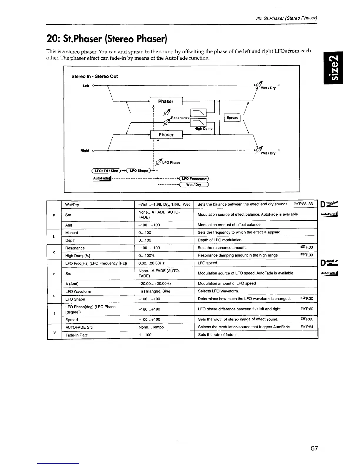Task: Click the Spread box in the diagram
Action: [x=232, y=118]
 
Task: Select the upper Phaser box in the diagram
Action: [x=166, y=101]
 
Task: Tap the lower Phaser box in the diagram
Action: [x=166, y=135]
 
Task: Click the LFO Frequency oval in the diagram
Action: [x=194, y=179]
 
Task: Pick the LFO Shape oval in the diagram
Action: [x=139, y=171]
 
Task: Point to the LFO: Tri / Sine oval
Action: [x=106, y=171]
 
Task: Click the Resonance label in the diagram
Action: [x=180, y=118]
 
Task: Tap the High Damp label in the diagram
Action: [x=203, y=129]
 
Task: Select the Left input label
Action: [x=86, y=86]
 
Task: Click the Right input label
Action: [x=85, y=151]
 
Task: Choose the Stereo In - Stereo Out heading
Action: [x=94, y=76]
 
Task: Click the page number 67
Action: [x=314, y=448]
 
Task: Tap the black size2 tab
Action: [x=333, y=68]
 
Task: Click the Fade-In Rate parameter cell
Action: [x=76, y=335]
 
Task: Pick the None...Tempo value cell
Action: [x=151, y=327]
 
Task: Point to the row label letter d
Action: [x=54, y=274]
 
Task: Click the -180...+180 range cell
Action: [x=149, y=309]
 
